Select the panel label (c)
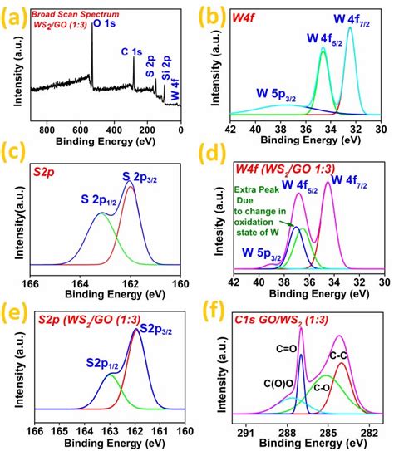[17, 153]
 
